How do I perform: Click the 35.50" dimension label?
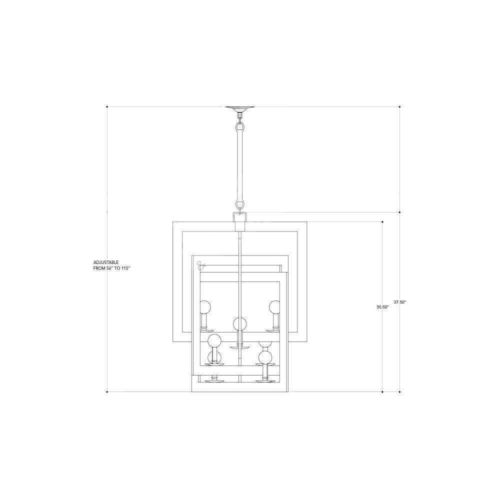tap(382, 307)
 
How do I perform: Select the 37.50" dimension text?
tap(399, 302)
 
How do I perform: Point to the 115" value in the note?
tap(126, 268)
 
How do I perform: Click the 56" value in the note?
tap(110, 268)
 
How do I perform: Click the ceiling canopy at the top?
tap(240, 109)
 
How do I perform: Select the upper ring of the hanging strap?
tap(240, 128)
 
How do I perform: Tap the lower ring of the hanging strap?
tap(240, 204)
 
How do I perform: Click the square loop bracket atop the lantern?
tap(240, 217)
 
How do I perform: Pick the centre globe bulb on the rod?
tap(240, 324)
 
